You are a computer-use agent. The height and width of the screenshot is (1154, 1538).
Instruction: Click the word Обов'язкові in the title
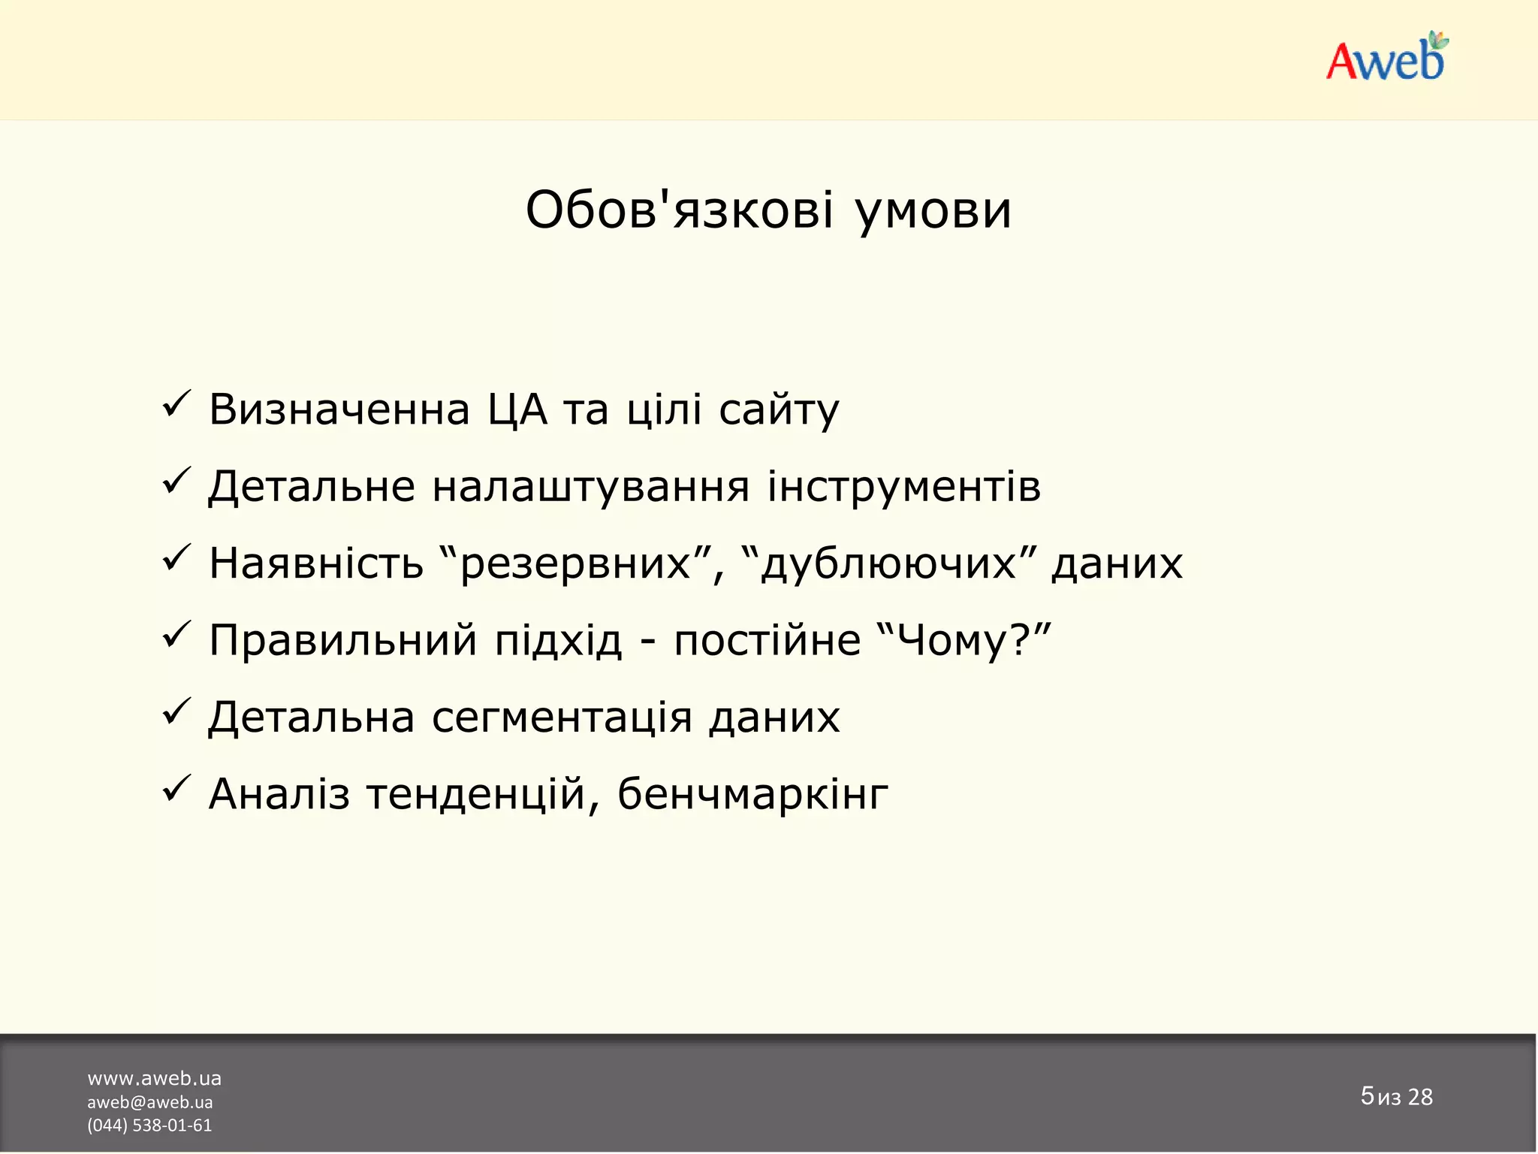pyautogui.click(x=679, y=210)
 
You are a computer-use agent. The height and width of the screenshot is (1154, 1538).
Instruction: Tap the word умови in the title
pyautogui.click(x=933, y=211)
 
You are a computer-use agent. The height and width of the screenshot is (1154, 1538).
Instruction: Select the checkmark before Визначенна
pyautogui.click(x=176, y=406)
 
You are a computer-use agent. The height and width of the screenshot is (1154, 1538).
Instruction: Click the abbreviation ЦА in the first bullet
pyautogui.click(x=517, y=410)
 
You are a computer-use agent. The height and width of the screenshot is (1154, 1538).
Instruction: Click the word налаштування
pyautogui.click(x=591, y=487)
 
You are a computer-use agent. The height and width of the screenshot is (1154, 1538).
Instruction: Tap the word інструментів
pyautogui.click(x=903, y=487)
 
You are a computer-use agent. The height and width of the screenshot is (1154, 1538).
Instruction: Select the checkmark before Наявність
pyautogui.click(x=176, y=560)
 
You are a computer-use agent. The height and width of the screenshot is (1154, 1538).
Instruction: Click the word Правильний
pyautogui.click(x=342, y=641)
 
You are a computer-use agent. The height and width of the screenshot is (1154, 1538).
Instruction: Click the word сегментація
pyautogui.click(x=562, y=717)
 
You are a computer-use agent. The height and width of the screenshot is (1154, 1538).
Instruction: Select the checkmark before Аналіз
pyautogui.click(x=176, y=790)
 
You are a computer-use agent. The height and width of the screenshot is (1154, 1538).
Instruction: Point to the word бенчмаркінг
pyautogui.click(x=752, y=794)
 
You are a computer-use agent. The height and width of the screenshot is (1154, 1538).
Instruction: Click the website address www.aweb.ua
pyautogui.click(x=154, y=1079)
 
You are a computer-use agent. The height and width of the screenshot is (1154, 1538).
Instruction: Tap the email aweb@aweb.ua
pyautogui.click(x=150, y=1102)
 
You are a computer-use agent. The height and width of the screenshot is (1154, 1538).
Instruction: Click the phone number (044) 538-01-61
pyautogui.click(x=149, y=1125)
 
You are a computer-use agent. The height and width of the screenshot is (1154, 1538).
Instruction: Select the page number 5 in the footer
pyautogui.click(x=1367, y=1095)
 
